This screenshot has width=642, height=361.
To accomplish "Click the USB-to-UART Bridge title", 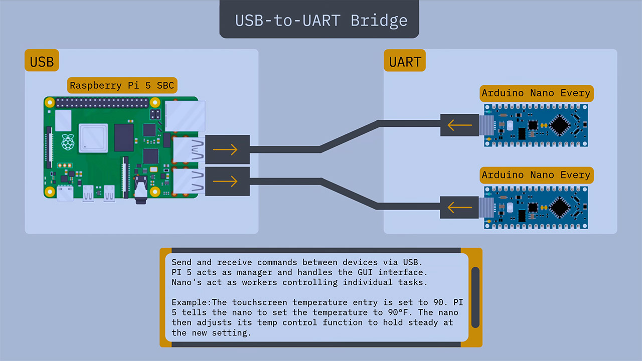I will pos(321,21).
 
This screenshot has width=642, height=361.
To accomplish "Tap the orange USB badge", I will pos(42,62).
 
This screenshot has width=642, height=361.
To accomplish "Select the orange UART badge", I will pos(405,62).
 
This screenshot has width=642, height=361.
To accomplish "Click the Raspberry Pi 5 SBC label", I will pos(122,85).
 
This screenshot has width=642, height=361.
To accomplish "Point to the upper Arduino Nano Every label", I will pos(536,93).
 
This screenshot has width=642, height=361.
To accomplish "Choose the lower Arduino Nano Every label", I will pos(536,175).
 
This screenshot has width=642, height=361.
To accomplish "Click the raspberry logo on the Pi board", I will pos(67,142).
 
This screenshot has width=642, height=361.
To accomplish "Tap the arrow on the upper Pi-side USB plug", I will pos(225,149).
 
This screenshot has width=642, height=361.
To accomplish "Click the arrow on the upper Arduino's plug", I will pos(459,125).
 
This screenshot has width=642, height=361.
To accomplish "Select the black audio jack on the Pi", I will pos(141,193).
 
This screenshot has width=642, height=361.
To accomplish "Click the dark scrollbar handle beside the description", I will pos(475,297).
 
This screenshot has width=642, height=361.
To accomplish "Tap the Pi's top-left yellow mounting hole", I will pos(50,103).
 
